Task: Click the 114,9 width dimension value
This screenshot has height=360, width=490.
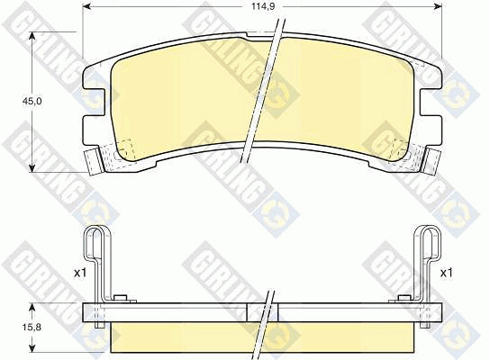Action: [263, 6]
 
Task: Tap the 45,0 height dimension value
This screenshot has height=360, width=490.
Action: [32, 102]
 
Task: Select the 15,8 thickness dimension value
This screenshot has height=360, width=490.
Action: [32, 328]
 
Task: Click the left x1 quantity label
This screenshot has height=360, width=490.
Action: [79, 274]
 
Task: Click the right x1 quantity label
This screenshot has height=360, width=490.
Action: [446, 274]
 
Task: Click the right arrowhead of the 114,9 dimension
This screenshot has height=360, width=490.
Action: [438, 6]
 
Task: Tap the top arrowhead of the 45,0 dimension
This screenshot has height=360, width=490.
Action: [32, 36]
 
